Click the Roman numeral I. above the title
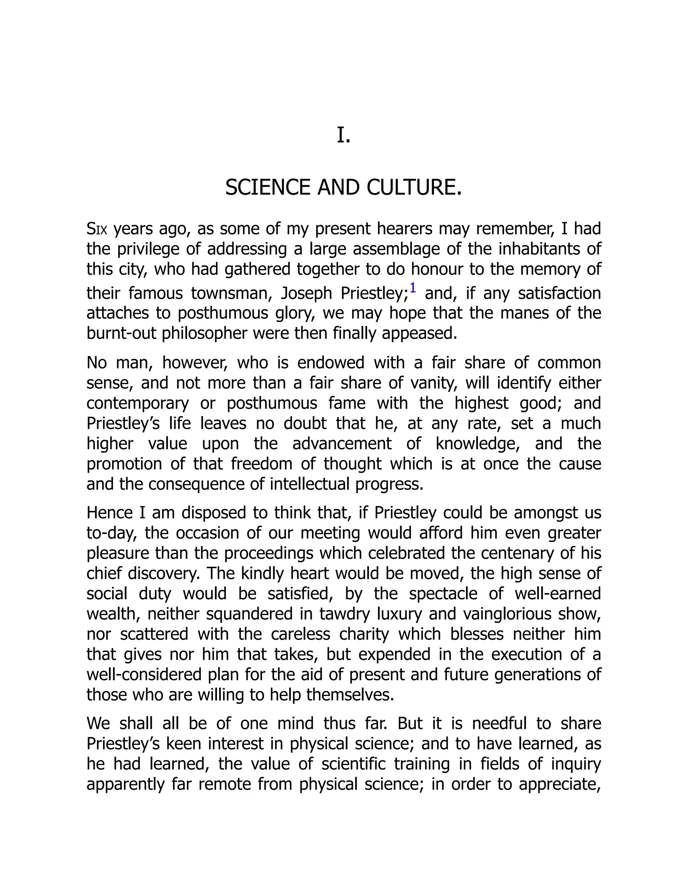point(344,136)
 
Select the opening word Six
point(97,229)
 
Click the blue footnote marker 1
point(413,288)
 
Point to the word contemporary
point(138,403)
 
